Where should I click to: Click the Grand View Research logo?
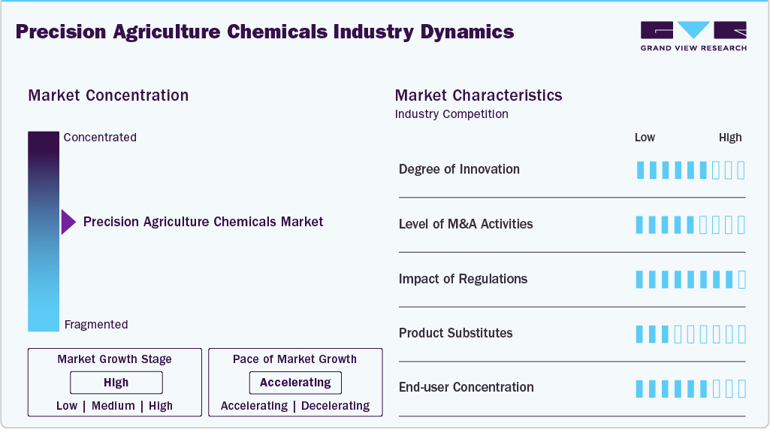point(693,35)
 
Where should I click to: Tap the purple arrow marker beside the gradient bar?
point(68,222)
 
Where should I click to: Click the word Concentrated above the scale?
point(100,138)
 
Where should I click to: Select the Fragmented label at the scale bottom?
point(96,325)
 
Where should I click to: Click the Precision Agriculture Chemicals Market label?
point(203,222)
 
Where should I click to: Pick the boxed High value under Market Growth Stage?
point(116,383)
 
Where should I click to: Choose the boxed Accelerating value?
point(295,383)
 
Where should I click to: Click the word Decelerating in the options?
point(336,406)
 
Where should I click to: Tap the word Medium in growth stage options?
point(114,406)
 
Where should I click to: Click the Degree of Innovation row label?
point(459,169)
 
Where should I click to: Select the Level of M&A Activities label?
point(466,224)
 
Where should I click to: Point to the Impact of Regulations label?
point(463,279)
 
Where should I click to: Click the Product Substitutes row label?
point(455,333)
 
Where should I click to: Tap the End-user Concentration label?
point(466,388)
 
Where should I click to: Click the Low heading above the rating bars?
point(645,138)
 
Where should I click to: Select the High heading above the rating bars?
point(729,138)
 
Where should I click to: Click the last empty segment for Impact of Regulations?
point(742,280)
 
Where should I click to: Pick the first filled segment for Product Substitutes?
point(640,334)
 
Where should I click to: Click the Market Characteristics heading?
point(478,95)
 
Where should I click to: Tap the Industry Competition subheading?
point(451,114)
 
